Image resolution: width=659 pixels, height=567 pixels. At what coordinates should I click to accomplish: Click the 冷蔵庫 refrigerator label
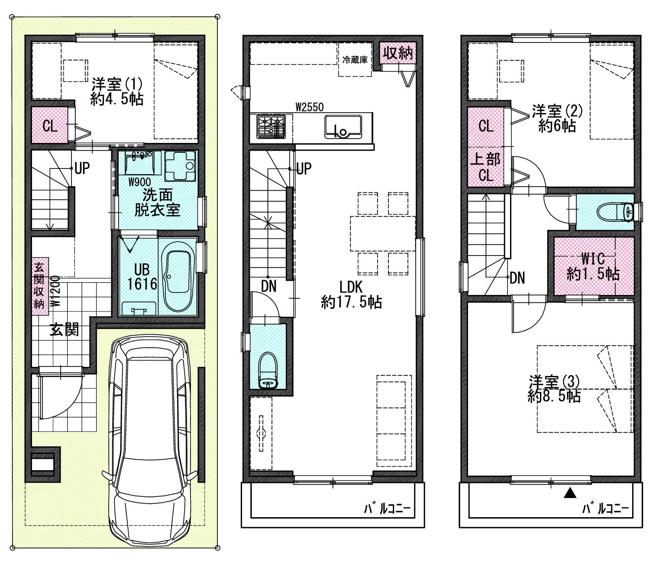point(355,60)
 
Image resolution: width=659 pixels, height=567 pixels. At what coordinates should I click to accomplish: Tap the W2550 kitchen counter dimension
point(309,107)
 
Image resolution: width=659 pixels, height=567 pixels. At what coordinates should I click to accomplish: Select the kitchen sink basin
point(343,127)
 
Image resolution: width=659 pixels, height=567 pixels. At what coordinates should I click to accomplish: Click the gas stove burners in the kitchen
point(271,127)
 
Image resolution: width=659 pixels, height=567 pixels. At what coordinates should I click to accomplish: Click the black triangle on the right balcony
point(570,493)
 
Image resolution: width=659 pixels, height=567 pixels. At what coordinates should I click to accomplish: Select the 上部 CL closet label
point(485,167)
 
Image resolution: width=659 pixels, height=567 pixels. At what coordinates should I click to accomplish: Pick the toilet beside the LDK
point(268,370)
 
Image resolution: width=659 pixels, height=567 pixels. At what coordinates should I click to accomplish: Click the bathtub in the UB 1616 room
point(178,276)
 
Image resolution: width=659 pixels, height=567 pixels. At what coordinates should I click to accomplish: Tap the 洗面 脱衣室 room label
point(157,202)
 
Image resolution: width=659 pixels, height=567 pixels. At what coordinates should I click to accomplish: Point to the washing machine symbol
point(180,166)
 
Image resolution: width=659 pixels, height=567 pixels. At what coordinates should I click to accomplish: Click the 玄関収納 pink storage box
point(40,286)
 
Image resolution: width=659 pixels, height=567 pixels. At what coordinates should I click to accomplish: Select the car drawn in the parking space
point(149,440)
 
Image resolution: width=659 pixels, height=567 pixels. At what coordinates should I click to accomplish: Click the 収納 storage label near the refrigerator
point(397,53)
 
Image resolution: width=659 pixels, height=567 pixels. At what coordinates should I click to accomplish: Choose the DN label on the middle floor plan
point(268,286)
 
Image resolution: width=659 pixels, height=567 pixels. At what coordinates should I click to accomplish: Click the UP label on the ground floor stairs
point(82,168)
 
